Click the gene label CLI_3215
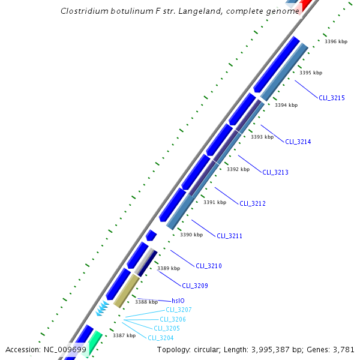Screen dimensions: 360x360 coord(331,97)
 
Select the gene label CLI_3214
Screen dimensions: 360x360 coord(298,142)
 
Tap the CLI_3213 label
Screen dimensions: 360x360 coord(275,172)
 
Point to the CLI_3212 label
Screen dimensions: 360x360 coord(253,203)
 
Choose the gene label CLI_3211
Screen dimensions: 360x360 coord(229,236)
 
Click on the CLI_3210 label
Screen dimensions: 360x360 coord(209,266)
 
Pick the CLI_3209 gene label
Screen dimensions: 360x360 coord(195,286)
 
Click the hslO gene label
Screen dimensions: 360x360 coord(178,301)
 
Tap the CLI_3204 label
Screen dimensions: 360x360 coord(161,338)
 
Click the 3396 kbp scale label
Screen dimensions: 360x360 coord(336,42)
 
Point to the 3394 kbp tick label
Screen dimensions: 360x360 coord(286,105)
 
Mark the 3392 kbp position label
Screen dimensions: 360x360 coord(238,169)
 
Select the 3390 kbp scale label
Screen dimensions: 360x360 coord(191,235)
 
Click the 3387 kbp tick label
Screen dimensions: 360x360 coord(124,335)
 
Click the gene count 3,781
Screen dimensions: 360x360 coord(344,349)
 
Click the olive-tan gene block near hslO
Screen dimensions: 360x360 coord(127,291)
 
